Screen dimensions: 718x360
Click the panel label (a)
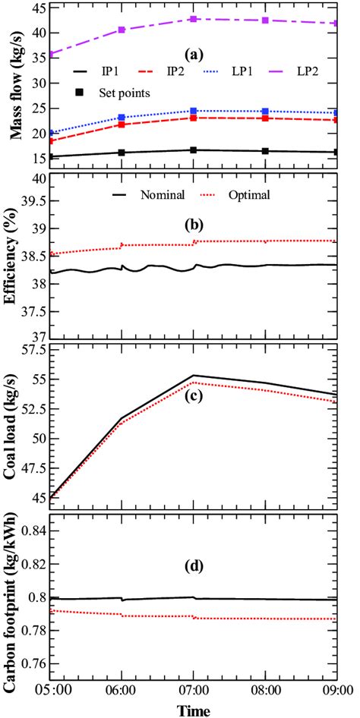coord(194,55)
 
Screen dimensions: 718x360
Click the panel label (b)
coord(194,225)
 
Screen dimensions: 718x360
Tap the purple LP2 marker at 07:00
coord(194,19)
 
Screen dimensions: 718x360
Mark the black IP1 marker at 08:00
coord(265,151)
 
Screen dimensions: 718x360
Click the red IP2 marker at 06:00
coord(122,124)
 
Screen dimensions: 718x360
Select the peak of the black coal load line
coord(194,375)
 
